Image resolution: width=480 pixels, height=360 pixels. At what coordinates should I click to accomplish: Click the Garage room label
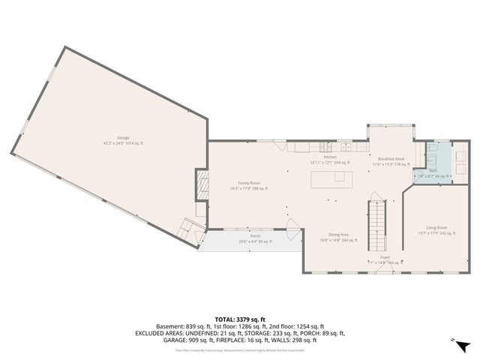[123, 138]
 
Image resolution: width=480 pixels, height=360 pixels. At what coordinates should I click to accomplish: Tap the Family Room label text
[249, 183]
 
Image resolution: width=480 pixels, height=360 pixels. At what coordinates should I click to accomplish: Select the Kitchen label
[330, 157]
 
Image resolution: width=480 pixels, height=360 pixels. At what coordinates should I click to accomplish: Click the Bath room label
[433, 171]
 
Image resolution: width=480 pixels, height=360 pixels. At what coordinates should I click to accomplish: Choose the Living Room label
[436, 227]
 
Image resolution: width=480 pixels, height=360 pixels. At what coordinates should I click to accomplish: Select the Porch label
[244, 236]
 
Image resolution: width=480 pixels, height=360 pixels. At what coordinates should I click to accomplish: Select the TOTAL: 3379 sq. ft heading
[239, 319]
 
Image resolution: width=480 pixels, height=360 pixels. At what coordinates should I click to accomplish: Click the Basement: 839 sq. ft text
[182, 326]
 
